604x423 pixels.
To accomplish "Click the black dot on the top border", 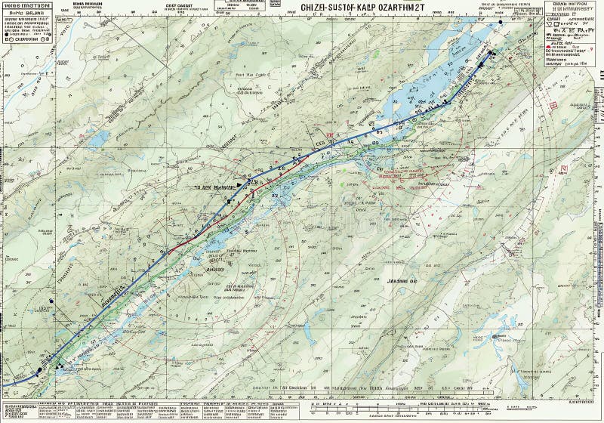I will point(500,2).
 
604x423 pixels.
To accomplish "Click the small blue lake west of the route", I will point(98,139).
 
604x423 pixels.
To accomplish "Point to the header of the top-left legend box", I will point(26,5).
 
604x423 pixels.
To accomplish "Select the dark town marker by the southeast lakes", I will point(495,337).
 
